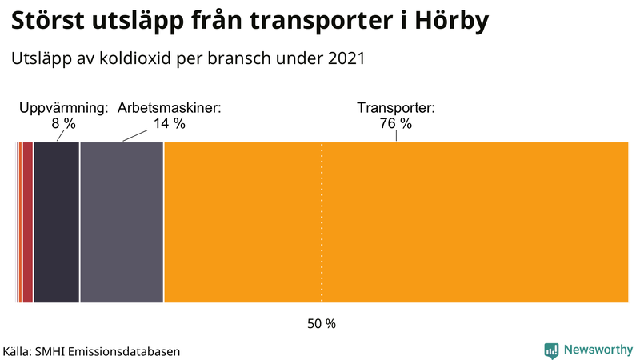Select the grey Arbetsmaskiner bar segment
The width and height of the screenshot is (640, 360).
(122, 222)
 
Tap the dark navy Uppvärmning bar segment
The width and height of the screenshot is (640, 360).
(56, 222)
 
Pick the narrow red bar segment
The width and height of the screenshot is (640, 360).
(27, 222)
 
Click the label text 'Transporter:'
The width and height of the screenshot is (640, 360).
(395, 108)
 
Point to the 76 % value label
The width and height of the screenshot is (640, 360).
(395, 123)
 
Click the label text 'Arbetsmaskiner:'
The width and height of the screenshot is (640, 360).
(169, 108)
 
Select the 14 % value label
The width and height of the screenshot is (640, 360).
(169, 123)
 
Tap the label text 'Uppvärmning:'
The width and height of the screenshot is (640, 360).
(63, 108)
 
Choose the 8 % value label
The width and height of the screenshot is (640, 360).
(63, 123)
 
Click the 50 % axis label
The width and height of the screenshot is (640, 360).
(322, 324)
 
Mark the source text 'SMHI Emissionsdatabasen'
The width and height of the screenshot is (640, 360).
(106, 351)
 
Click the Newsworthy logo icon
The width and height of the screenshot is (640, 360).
(551, 350)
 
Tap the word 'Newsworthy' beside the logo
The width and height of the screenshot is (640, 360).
(598, 350)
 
